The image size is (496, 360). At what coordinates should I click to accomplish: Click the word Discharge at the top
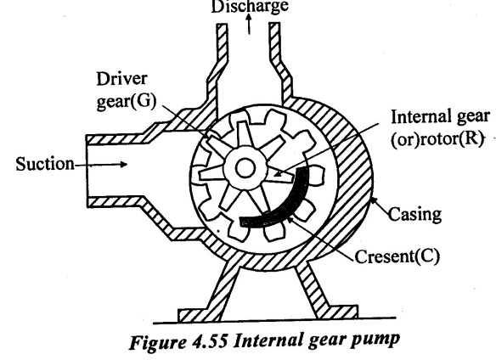coord(250,6)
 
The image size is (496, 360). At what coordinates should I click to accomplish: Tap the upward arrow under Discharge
coord(249,25)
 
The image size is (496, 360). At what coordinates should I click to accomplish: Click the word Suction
coord(45,164)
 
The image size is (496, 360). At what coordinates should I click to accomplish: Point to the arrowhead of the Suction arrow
coord(123,164)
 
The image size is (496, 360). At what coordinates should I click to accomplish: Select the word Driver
coord(121,78)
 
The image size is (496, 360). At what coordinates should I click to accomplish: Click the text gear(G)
coord(127,101)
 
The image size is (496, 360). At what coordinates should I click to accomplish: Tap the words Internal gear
coord(440,116)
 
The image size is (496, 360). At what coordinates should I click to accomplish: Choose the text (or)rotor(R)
coord(437,138)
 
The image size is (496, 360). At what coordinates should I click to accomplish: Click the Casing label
coord(414,214)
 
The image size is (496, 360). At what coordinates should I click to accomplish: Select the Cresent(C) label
coord(397,256)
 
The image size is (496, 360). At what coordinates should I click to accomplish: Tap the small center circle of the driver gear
coord(245,168)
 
